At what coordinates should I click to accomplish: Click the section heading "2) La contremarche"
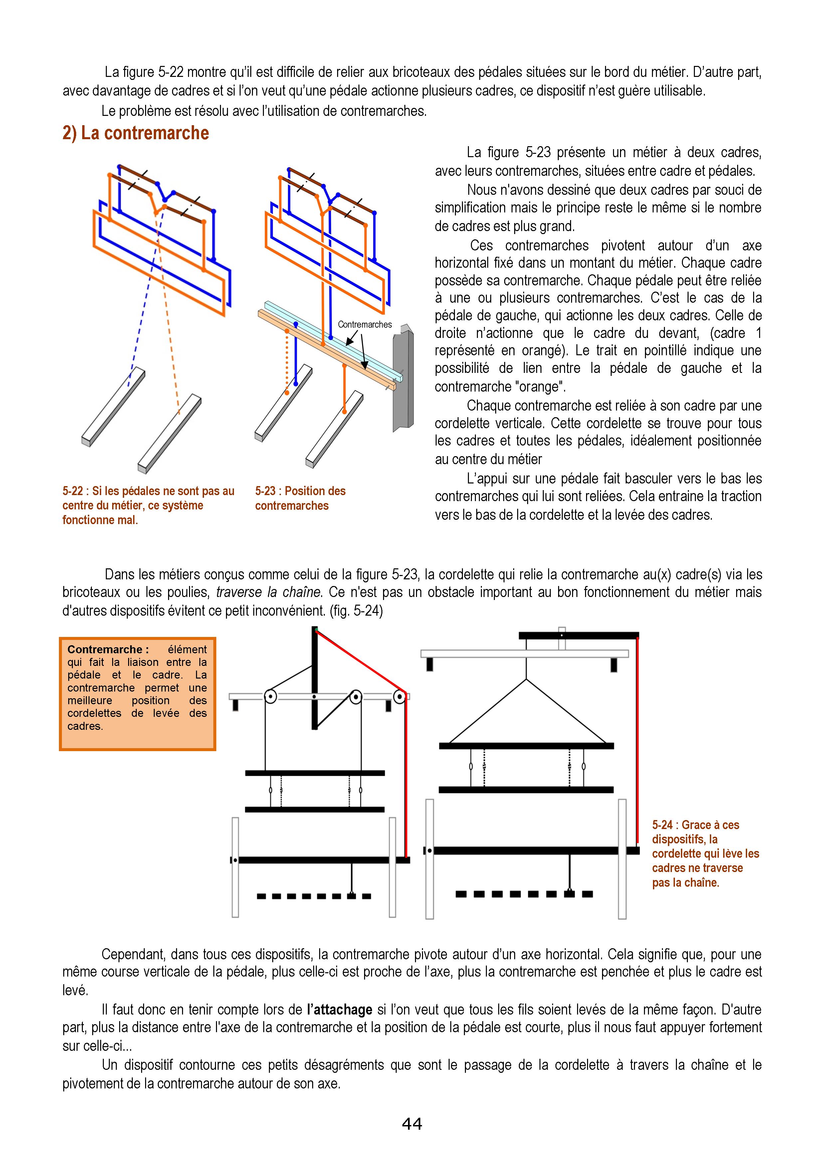tap(136, 133)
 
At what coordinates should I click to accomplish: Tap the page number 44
tap(412, 1123)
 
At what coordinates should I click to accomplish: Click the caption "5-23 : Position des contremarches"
tap(300, 498)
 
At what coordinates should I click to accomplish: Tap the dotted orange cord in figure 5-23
tap(287, 361)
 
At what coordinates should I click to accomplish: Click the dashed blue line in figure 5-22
tap(145, 295)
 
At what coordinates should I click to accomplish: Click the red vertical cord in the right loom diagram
tap(637, 737)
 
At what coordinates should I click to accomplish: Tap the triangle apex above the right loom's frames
tap(526, 679)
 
